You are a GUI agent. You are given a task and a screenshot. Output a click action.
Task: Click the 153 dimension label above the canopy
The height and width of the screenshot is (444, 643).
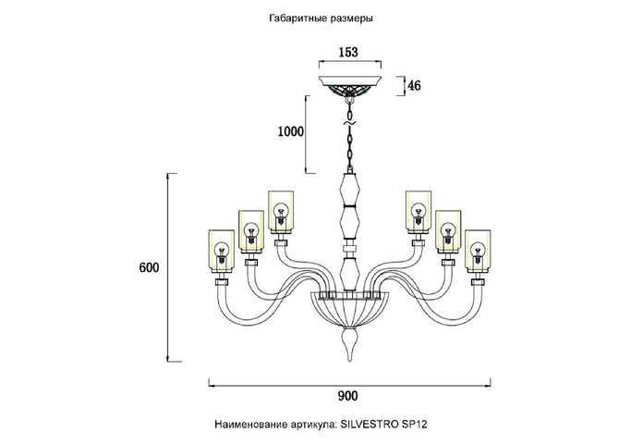tap(348, 53)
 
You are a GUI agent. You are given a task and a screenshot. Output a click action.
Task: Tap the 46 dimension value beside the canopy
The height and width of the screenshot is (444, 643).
tap(414, 86)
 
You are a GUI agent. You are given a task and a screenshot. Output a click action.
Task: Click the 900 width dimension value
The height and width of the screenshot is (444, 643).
tap(347, 397)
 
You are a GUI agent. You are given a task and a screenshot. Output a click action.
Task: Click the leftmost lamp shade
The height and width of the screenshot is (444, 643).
tap(222, 251)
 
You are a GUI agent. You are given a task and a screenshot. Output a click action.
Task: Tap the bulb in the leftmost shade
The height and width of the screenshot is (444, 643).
tap(222, 250)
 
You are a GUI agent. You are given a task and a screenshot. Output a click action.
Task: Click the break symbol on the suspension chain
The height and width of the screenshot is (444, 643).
tap(349, 121)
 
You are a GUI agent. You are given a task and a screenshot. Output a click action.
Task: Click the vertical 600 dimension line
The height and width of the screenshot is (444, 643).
tap(167, 268)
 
